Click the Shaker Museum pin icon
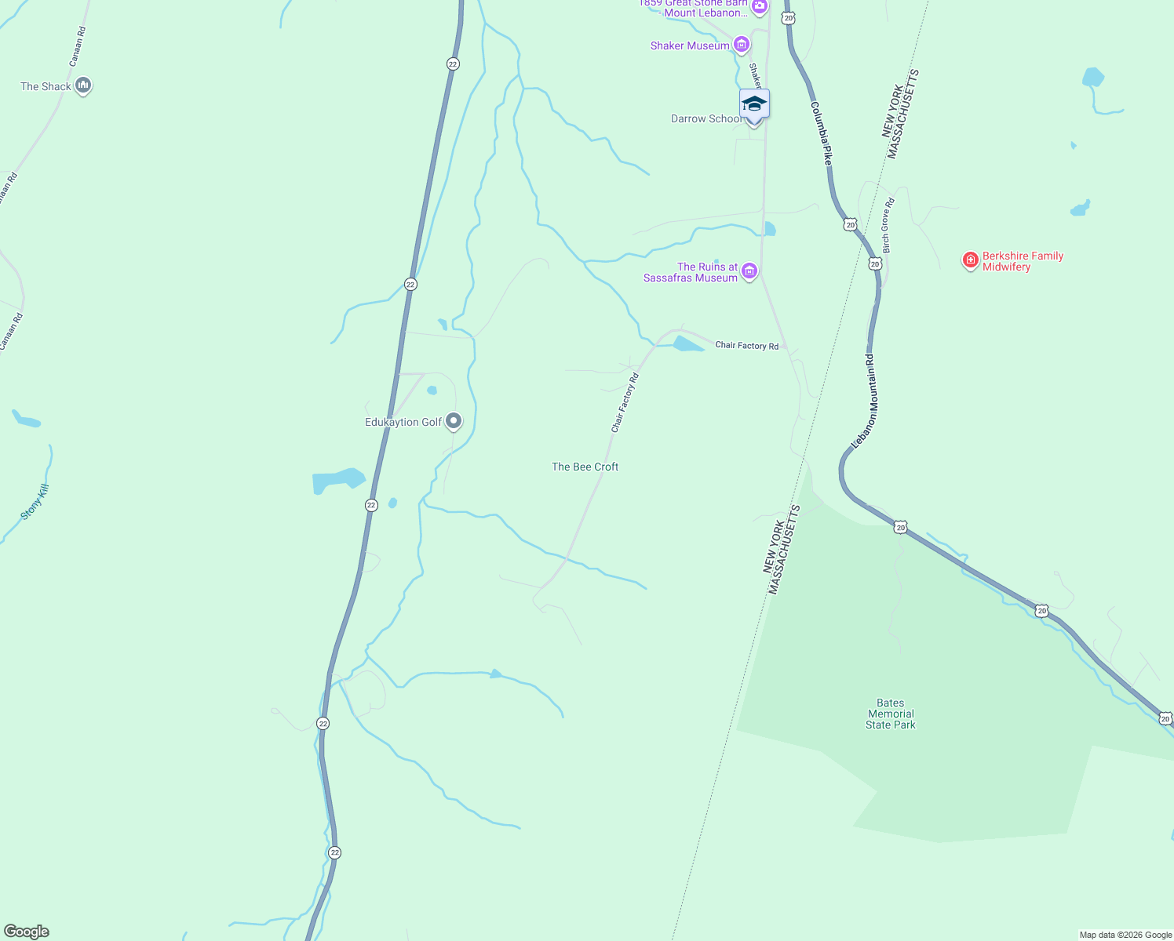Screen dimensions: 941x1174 [741, 45]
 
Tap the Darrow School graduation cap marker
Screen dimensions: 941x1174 [754, 104]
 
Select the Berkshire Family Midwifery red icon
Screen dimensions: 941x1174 [971, 260]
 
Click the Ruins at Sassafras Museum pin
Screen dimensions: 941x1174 [749, 271]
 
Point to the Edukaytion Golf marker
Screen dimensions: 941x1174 [454, 422]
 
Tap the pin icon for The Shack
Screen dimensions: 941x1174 [83, 85]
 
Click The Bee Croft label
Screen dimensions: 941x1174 [585, 467]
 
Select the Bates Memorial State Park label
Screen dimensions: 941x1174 [891, 714]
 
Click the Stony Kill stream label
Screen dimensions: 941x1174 [35, 502]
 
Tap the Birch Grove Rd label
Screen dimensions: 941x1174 [888, 226]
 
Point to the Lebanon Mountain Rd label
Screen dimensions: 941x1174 [865, 401]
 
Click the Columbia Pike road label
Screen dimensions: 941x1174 [821, 133]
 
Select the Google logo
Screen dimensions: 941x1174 [27, 932]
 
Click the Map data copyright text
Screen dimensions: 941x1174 [1125, 935]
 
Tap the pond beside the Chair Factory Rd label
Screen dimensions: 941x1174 [687, 343]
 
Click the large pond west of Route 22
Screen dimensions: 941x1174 [338, 480]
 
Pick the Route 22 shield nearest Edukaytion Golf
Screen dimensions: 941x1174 [371, 505]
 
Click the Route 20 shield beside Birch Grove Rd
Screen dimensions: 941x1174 [875, 264]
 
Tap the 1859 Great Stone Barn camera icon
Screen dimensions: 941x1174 [759, 8]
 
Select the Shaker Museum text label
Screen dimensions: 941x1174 [690, 45]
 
